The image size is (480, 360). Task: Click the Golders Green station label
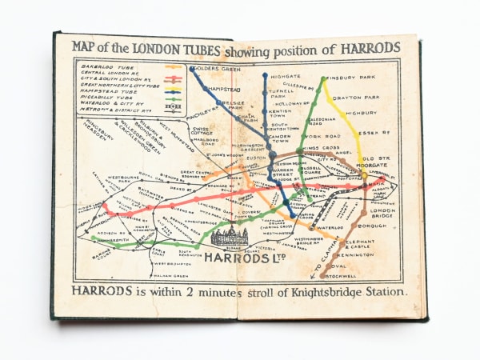pos(217,70)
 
